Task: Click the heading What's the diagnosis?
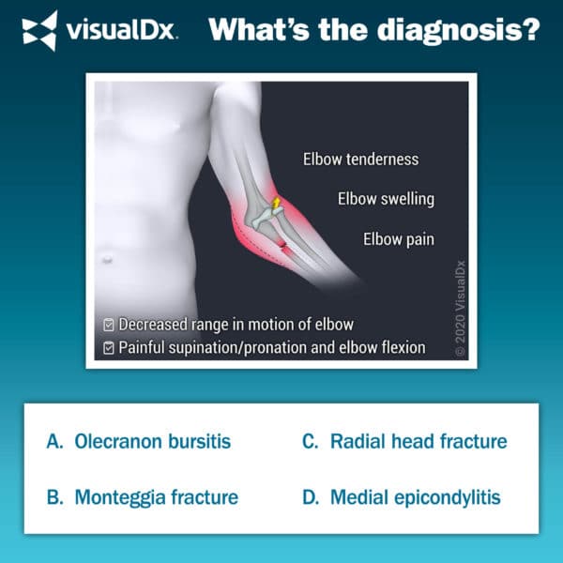click(374, 30)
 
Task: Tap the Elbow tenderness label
click(360, 160)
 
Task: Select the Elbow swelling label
click(386, 199)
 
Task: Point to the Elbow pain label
click(399, 239)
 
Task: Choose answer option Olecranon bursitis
click(152, 441)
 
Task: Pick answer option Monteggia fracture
click(156, 496)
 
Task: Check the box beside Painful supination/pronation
click(109, 348)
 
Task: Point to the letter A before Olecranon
click(53, 441)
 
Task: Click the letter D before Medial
click(309, 496)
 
